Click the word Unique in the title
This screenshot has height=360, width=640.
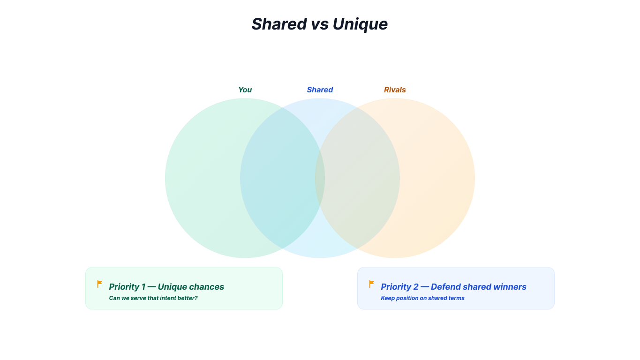click(x=360, y=24)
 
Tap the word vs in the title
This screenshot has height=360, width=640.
click(x=319, y=24)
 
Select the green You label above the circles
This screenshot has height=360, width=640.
click(x=245, y=90)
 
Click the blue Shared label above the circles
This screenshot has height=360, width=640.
click(x=320, y=90)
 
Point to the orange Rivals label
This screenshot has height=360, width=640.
click(x=395, y=90)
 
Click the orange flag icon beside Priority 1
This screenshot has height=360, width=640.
click(x=99, y=284)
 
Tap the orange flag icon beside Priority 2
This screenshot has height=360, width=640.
click(x=371, y=284)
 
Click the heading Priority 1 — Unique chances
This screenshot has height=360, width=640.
click(x=166, y=286)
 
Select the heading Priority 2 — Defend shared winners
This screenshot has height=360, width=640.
click(x=453, y=286)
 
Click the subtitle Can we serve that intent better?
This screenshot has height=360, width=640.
click(x=153, y=298)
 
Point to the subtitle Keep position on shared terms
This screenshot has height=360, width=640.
click(x=422, y=298)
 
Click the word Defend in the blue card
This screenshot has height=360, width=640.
click(x=445, y=286)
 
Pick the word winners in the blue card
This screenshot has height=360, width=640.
click(x=510, y=286)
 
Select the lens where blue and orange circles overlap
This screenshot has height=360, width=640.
click(x=357, y=178)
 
